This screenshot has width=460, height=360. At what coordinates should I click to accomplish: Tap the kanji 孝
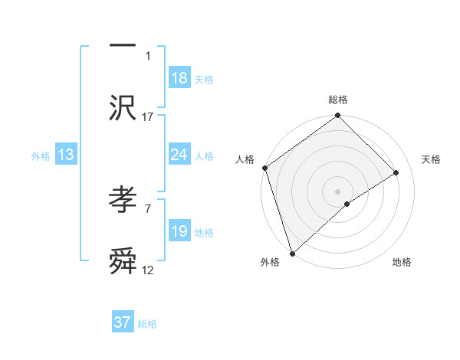coord(123,201)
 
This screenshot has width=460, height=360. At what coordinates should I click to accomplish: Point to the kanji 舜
coord(123,263)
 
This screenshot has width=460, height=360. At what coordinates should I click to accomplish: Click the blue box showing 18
coord(179,78)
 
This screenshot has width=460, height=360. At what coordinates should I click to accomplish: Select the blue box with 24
coord(179,155)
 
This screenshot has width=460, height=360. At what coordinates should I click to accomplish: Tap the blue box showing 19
coord(179,231)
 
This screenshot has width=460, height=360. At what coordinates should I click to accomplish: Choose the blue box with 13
coord(66,155)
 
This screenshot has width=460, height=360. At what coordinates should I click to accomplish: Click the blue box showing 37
coord(122,322)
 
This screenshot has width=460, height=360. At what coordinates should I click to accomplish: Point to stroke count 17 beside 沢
coord(148,116)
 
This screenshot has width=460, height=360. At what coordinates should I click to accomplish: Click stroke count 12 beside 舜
coord(148,270)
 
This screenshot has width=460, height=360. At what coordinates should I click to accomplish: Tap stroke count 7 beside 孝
coord(147,208)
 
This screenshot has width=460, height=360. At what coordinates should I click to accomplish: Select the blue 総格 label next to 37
coord(147,324)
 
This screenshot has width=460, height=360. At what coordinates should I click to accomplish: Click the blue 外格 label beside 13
coord(41,156)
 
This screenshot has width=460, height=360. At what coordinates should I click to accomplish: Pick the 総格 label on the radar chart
coord(338,100)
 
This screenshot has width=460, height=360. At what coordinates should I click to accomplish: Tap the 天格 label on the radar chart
coord(431,159)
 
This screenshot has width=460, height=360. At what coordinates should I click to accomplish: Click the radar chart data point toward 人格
coord(264,168)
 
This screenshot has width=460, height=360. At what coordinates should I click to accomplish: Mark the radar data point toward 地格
coord(347,204)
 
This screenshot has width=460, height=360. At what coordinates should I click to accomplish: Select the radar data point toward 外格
coord(292,252)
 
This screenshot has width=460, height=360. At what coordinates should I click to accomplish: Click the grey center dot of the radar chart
coord(338,191)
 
